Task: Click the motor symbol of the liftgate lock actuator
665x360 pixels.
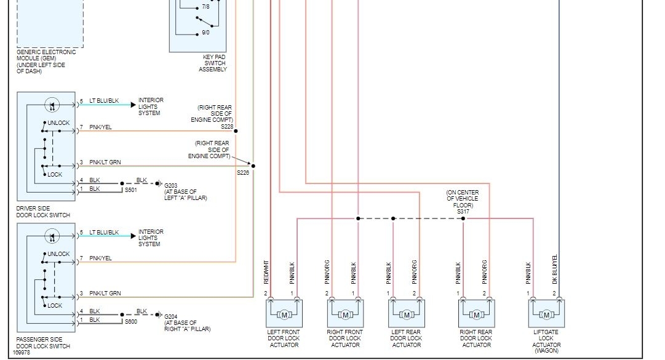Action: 546,315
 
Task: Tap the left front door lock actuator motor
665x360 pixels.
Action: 284,315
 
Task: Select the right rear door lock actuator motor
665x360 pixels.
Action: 476,315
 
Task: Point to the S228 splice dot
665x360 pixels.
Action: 236,131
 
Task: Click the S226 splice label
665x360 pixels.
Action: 244,173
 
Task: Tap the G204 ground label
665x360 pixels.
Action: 171,316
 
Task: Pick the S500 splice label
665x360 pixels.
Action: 131,322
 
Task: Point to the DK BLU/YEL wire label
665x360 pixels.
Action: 555,269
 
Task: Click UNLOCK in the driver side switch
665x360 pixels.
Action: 58,123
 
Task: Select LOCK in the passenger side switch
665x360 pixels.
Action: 55,305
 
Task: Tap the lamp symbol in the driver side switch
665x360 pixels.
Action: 52,104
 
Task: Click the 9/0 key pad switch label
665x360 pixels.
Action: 205,33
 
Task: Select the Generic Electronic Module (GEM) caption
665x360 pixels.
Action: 46,62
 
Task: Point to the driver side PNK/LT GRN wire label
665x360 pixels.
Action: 105,162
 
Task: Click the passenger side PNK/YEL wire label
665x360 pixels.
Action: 100,258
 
